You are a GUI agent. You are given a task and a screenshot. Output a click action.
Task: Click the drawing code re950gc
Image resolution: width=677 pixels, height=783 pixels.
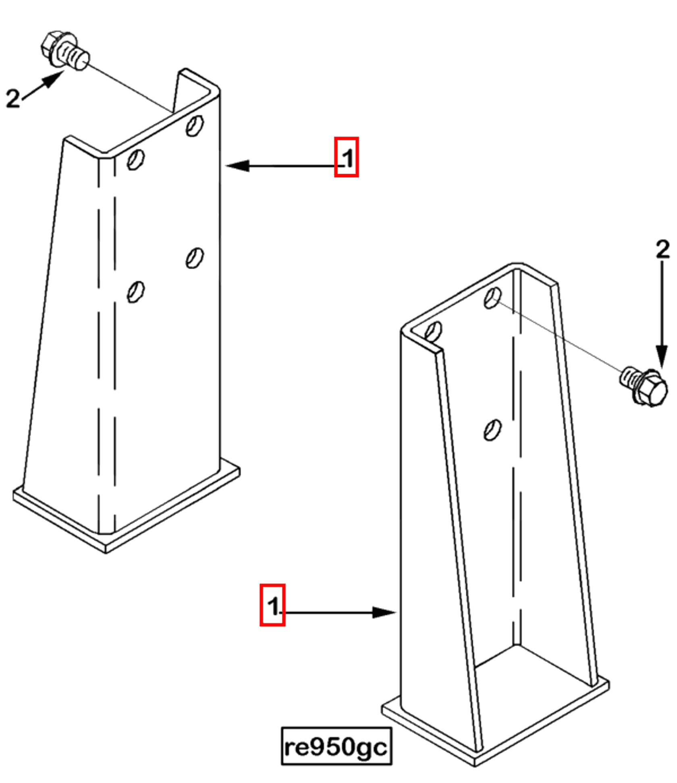(336, 746)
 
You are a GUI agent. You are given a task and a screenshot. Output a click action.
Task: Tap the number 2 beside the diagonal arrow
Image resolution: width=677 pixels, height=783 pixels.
(13, 98)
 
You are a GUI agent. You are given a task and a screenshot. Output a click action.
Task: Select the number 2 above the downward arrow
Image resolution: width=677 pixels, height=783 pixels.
(662, 249)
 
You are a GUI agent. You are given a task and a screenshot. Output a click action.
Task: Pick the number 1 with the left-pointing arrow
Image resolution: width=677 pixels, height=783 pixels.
(347, 158)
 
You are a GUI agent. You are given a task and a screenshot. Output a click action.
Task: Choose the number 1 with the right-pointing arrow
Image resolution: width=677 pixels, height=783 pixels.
(273, 606)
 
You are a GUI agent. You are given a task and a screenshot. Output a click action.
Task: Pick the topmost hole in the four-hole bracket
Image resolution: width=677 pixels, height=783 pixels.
(195, 125)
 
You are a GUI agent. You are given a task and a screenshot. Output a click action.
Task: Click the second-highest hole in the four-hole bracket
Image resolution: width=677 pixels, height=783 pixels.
(136, 159)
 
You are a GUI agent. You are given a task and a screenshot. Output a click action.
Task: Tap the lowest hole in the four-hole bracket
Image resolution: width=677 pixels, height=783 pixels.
(136, 291)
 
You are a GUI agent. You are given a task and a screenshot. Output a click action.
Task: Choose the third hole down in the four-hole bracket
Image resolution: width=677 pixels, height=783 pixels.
(195, 258)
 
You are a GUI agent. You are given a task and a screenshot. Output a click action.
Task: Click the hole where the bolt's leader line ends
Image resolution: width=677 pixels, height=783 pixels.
(492, 298)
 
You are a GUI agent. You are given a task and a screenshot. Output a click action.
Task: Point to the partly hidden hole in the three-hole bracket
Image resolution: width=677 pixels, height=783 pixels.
(433, 332)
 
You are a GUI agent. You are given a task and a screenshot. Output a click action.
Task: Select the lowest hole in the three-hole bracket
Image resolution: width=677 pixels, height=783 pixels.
(492, 430)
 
